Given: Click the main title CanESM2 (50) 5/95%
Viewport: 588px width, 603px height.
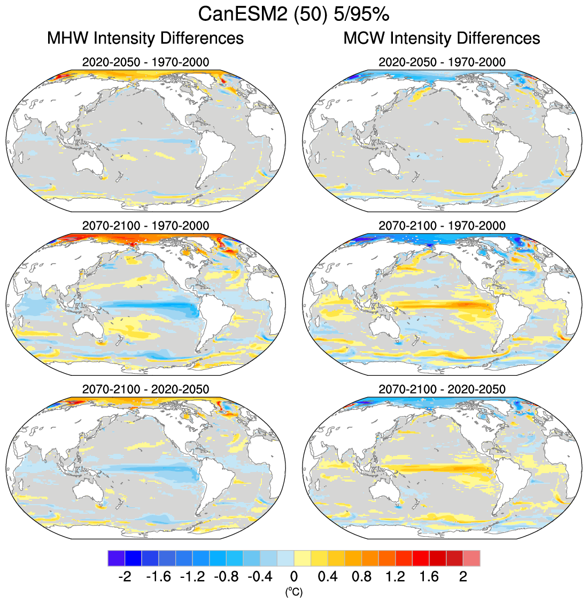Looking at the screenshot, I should pyautogui.click(x=293, y=14).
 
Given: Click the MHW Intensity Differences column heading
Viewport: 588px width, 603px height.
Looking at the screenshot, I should pyautogui.click(x=145, y=38).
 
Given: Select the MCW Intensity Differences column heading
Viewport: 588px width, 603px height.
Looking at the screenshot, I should pyautogui.click(x=442, y=38).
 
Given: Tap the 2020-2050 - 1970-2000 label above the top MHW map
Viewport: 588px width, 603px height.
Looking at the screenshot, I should pyautogui.click(x=145, y=62).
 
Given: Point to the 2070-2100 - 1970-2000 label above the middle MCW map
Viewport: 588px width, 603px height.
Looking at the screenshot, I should pyautogui.click(x=442, y=226).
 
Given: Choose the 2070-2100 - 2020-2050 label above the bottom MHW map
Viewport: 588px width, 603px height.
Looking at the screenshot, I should pyautogui.click(x=145, y=389).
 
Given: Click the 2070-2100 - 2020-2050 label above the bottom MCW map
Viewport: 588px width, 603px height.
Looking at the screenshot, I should pyautogui.click(x=442, y=389).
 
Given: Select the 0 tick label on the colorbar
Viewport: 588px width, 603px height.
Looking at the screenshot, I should pyautogui.click(x=293, y=577).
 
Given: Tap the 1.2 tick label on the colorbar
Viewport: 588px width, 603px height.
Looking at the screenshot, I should pyautogui.click(x=395, y=577).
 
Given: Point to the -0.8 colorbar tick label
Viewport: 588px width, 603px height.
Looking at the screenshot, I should pyautogui.click(x=226, y=577).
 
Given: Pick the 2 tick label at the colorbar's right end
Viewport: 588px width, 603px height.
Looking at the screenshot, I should pyautogui.click(x=463, y=577).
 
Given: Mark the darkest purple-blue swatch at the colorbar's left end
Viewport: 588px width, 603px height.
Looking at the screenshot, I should pyautogui.click(x=116, y=558).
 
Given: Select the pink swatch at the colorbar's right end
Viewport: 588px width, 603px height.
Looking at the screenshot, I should pyautogui.click(x=471, y=558).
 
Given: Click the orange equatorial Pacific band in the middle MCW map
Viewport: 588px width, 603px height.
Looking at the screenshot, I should pyautogui.click(x=449, y=306).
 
